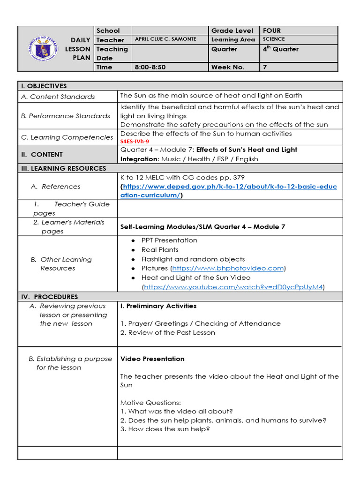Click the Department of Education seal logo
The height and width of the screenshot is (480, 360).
click(43, 49)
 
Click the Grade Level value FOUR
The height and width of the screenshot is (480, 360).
click(272, 30)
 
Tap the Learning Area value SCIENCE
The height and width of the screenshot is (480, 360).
click(274, 39)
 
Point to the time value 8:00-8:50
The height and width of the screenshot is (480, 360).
click(150, 67)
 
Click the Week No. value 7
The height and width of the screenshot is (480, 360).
click(265, 67)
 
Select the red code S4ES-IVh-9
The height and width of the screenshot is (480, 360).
click(135, 141)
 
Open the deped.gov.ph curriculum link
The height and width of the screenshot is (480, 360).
click(229, 187)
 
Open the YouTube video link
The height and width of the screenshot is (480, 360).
click(233, 287)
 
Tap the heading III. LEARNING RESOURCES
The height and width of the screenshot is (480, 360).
click(63, 168)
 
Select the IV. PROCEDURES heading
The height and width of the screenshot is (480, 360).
click(49, 297)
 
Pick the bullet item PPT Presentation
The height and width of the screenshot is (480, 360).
click(169, 240)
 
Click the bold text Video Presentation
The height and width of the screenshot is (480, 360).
click(152, 359)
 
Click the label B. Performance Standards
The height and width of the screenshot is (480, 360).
click(66, 116)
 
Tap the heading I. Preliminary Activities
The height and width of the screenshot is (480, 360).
click(158, 306)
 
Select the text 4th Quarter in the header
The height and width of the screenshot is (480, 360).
click(280, 49)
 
